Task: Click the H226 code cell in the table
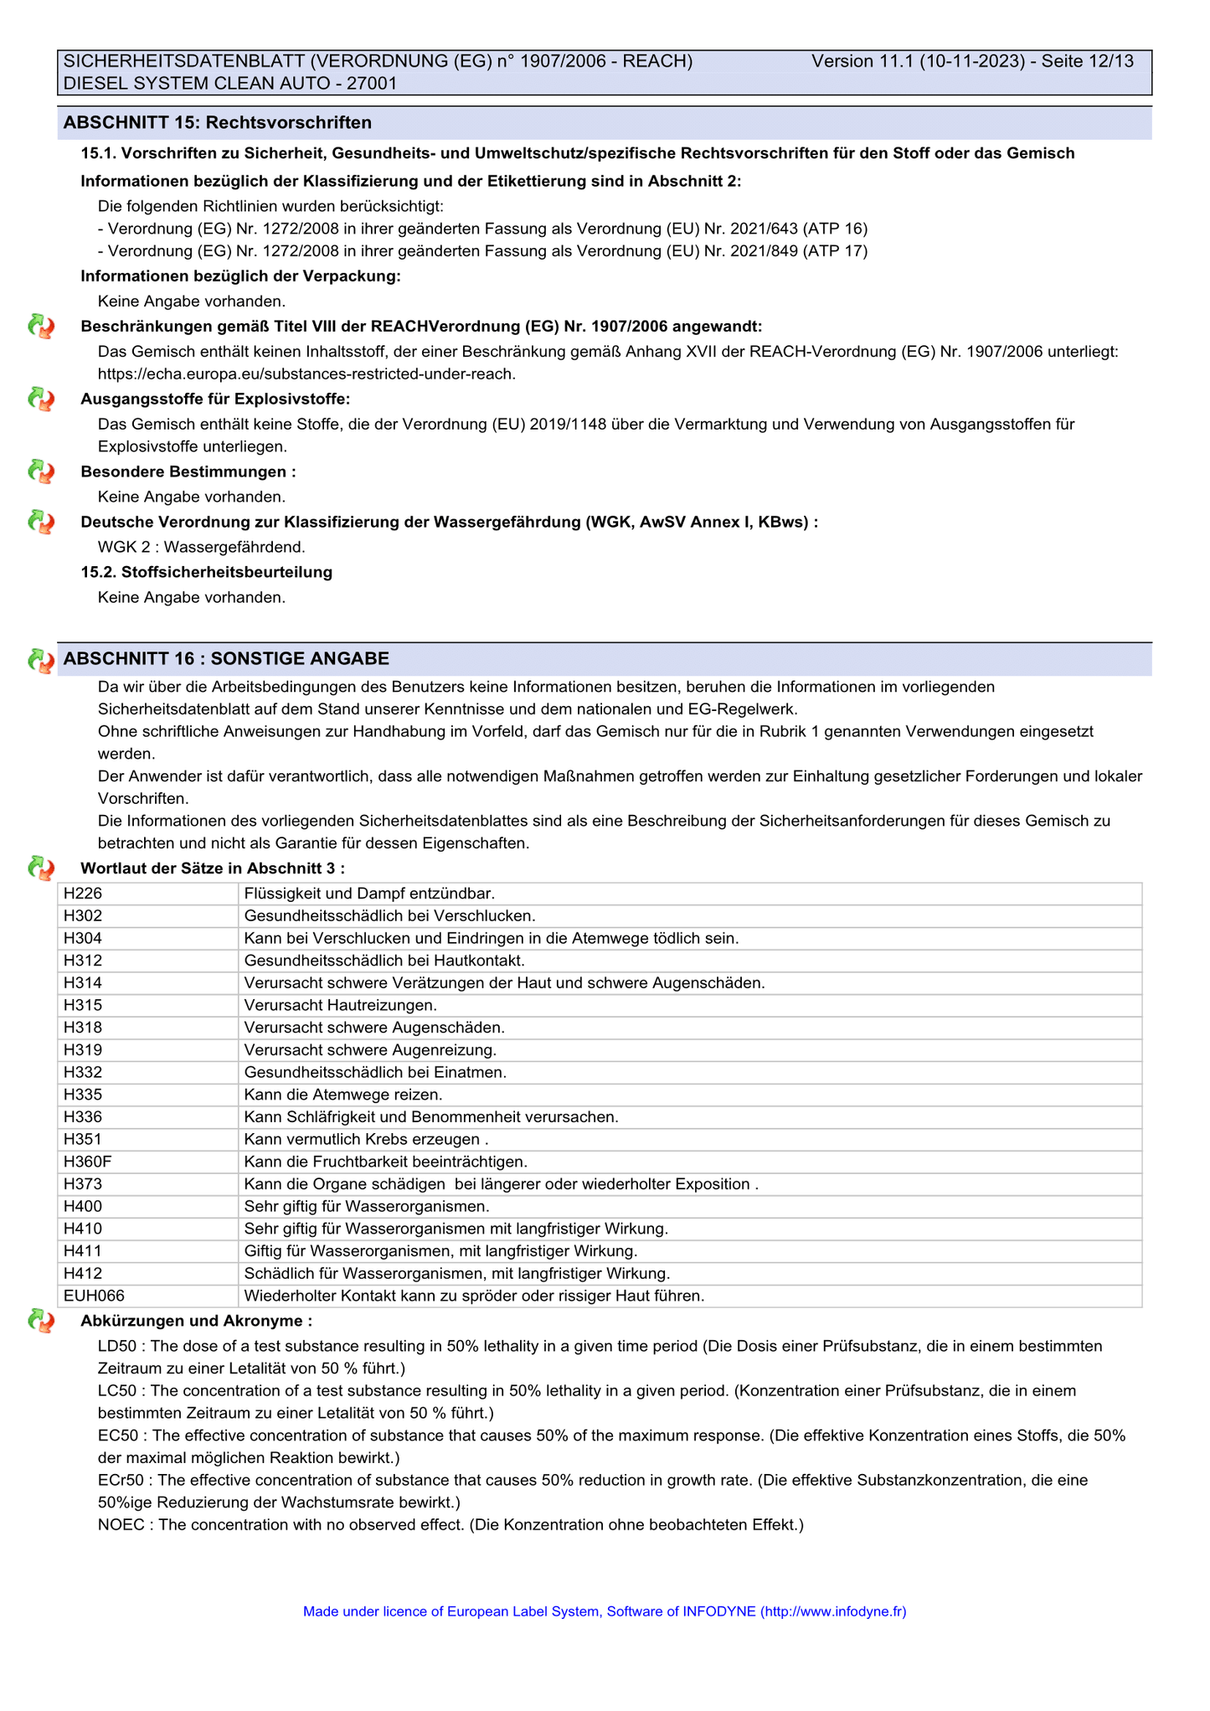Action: click(x=83, y=894)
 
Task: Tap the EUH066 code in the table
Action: click(x=94, y=1296)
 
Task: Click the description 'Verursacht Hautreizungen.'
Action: click(x=340, y=1005)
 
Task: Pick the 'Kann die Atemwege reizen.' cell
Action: click(x=342, y=1095)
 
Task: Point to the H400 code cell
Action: click(x=83, y=1206)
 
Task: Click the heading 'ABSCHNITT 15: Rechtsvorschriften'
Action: click(x=218, y=123)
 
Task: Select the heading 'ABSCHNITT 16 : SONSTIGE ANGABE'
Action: click(x=226, y=659)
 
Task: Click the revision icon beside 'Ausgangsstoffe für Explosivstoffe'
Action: click(x=41, y=399)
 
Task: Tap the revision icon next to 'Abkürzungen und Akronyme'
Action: click(x=41, y=1322)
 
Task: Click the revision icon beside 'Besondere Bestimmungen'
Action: click(x=41, y=472)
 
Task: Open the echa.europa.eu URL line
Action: click(x=306, y=374)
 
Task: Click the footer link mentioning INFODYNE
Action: click(x=604, y=1611)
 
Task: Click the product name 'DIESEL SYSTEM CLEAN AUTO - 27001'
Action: click(x=230, y=83)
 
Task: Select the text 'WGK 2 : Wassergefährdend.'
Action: click(x=201, y=547)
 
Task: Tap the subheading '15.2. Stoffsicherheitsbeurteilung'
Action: click(x=206, y=572)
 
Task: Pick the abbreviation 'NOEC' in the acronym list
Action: click(x=121, y=1524)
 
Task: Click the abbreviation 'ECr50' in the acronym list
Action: click(x=121, y=1480)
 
